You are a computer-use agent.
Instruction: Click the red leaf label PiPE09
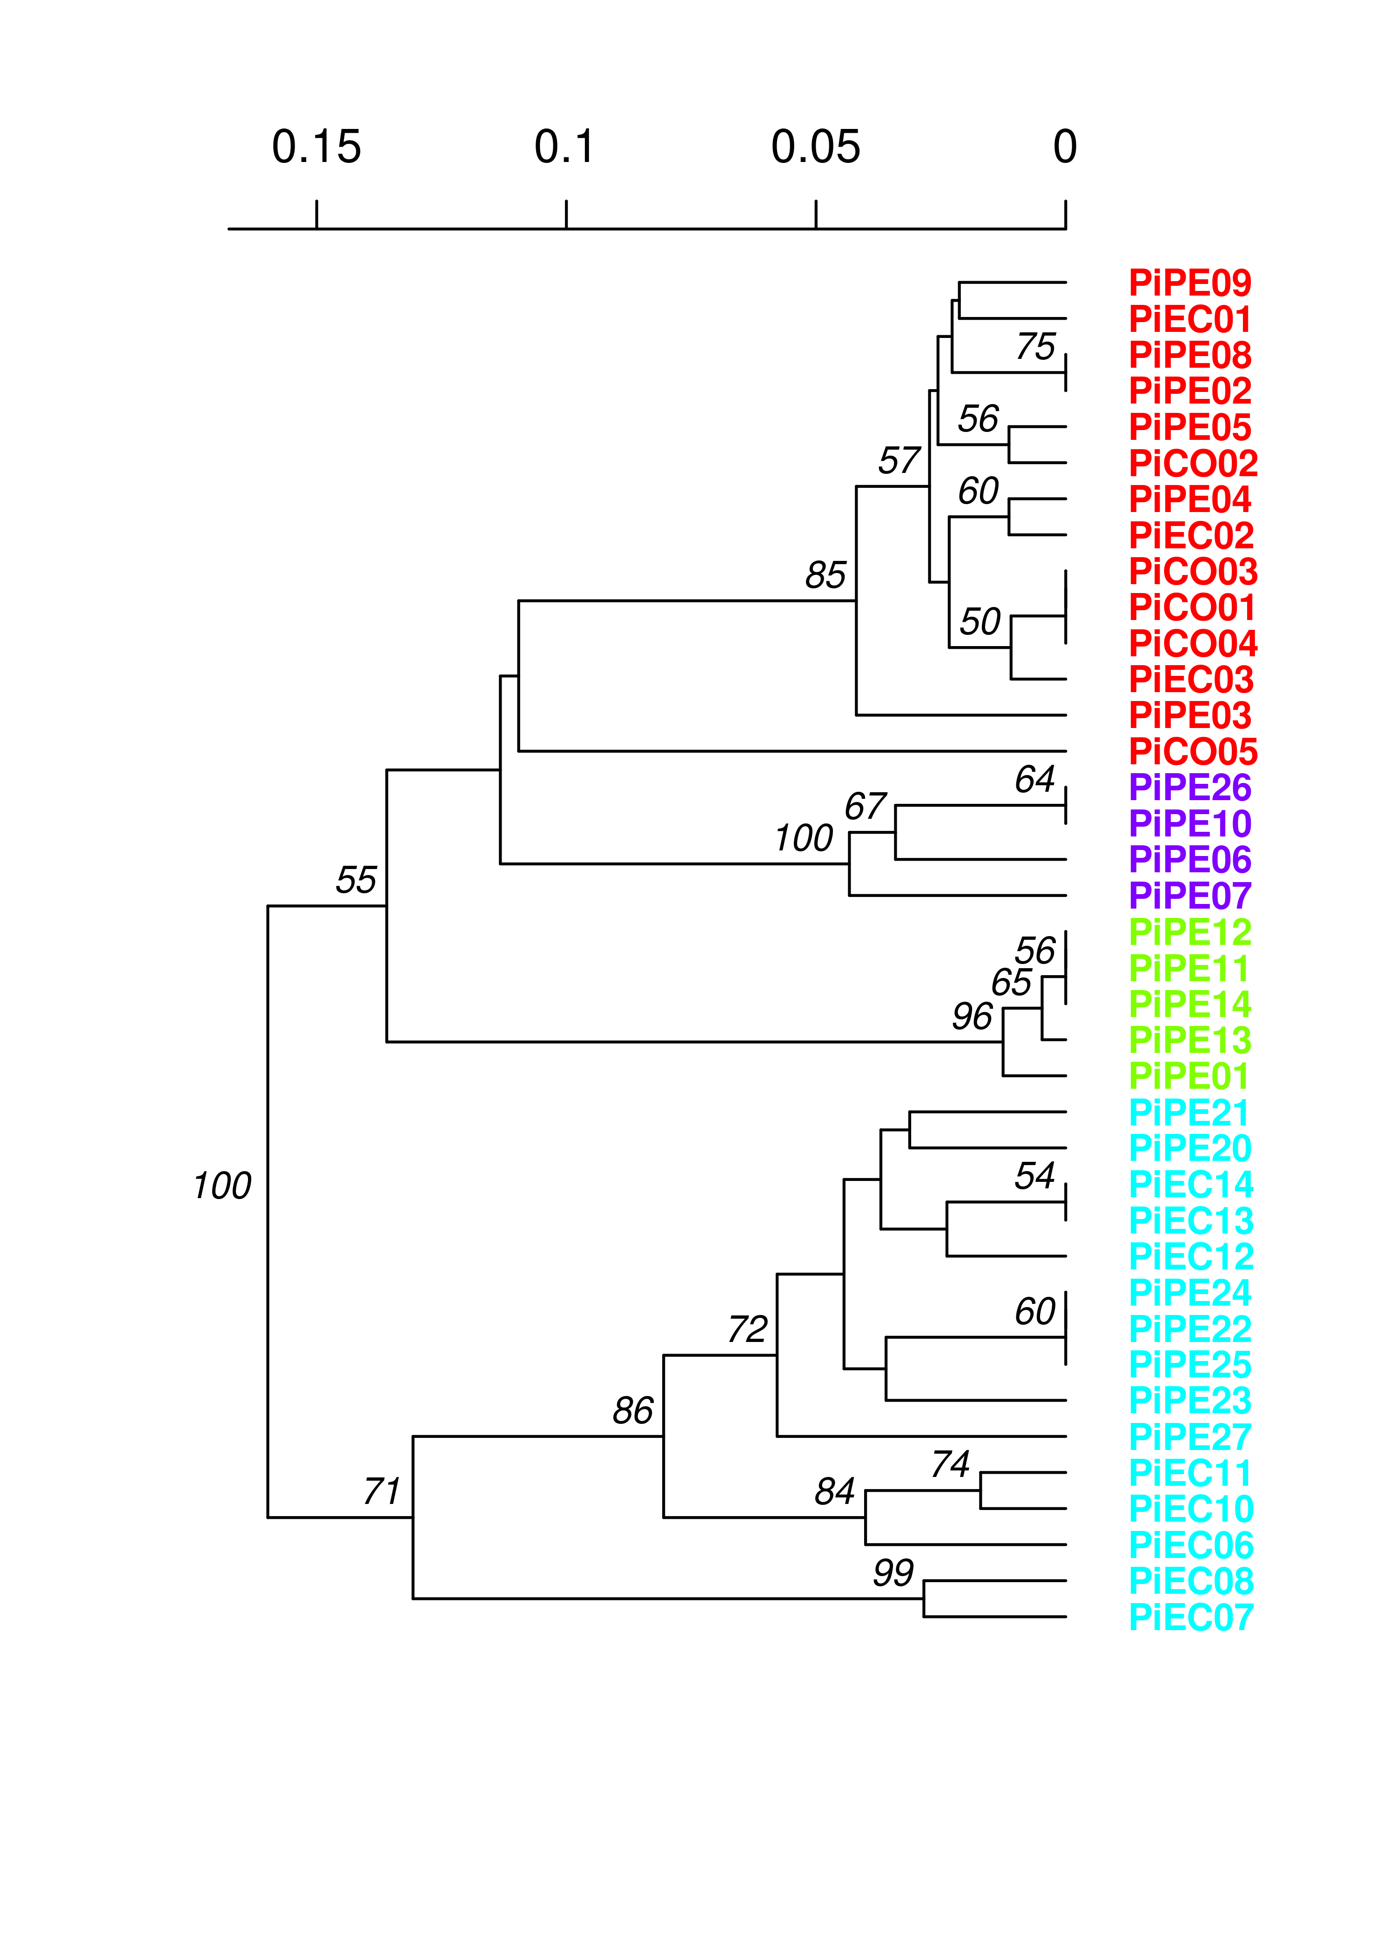tap(1190, 283)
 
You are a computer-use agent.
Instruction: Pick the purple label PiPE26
tap(1190, 788)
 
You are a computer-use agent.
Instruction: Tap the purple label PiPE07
tap(1190, 896)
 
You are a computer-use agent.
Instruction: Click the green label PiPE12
tap(1190, 932)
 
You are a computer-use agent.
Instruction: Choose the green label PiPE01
tap(1188, 1076)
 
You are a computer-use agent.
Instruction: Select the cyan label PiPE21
tap(1188, 1112)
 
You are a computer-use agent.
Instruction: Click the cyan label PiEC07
tap(1190, 1618)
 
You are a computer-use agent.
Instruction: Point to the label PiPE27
tap(1190, 1437)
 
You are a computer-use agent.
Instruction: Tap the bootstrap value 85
tap(825, 576)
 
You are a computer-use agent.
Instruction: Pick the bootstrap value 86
tap(633, 1411)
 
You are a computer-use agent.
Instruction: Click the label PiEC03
tap(1190, 680)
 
